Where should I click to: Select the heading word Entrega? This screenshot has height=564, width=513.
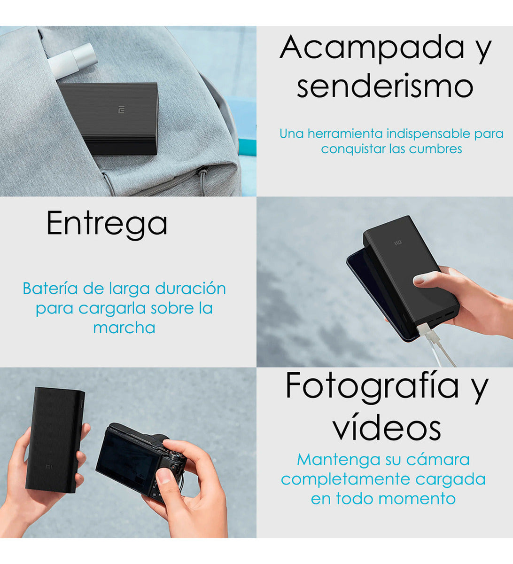click(107, 224)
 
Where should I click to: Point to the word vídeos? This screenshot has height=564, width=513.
click(386, 427)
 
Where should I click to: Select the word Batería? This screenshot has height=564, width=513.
click(50, 288)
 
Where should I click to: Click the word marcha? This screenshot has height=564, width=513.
click(124, 327)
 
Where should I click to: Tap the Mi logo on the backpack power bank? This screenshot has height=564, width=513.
click(121, 111)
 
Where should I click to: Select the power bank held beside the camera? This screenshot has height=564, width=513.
click(54, 439)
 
